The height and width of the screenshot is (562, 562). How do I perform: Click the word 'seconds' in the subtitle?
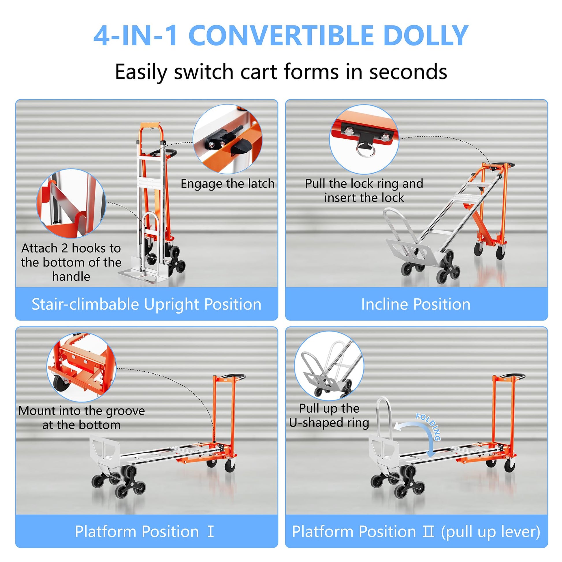tap(408, 72)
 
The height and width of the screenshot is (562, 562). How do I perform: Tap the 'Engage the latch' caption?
tap(228, 184)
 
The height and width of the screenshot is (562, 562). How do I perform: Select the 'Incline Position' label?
tap(416, 304)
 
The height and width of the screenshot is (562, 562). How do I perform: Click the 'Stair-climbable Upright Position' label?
tap(146, 304)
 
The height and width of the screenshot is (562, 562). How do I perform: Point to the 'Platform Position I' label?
tap(144, 531)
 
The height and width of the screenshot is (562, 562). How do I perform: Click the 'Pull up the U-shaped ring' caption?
tap(329, 415)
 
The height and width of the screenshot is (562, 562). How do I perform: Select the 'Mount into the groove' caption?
tap(81, 418)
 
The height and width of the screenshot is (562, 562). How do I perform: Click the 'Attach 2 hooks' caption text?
tap(71, 262)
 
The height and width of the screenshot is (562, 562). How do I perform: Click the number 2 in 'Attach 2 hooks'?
tap(65, 248)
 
